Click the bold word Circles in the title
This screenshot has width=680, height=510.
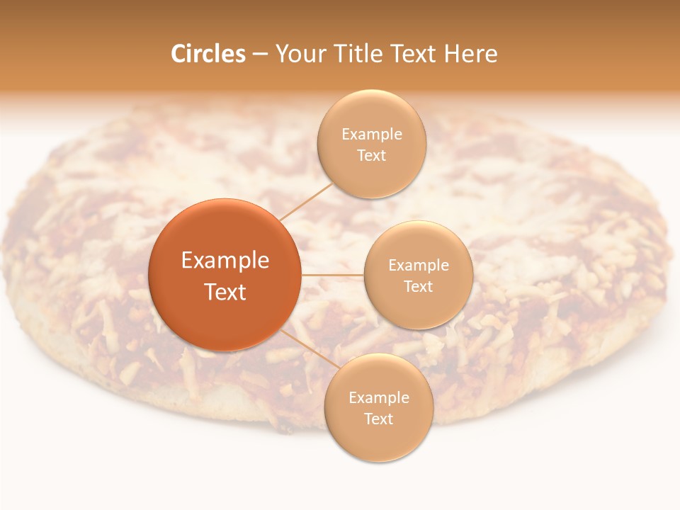pos(208,54)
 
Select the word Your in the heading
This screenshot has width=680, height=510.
pos(297,54)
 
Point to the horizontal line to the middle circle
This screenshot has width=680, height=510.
pos(333,275)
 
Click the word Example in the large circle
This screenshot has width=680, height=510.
pos(225,261)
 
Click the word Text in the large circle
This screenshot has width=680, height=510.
pos(225,292)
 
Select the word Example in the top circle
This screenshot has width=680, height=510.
pos(372,135)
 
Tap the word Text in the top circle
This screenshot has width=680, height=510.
pos(372,156)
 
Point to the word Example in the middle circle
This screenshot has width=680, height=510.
pos(419,266)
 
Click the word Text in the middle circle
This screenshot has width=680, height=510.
pos(419,287)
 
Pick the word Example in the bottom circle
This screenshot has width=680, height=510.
pos(379,398)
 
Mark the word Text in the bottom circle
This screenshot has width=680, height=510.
pos(379,419)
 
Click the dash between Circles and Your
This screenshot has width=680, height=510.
pos(260,55)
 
